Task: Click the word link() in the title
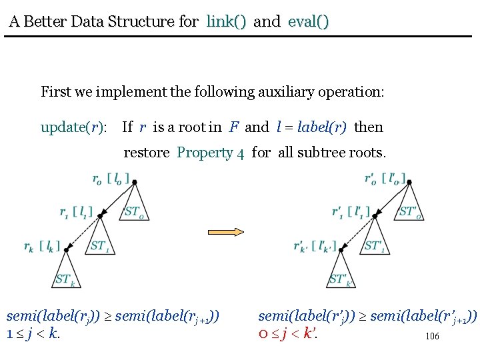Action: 226,21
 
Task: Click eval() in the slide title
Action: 308,21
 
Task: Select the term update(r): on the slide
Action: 73,127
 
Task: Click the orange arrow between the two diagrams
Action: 227,232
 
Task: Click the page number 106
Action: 432,337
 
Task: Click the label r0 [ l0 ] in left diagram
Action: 111,179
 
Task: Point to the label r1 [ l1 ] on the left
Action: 76,213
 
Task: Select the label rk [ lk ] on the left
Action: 41,247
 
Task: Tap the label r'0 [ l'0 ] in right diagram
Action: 385,179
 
